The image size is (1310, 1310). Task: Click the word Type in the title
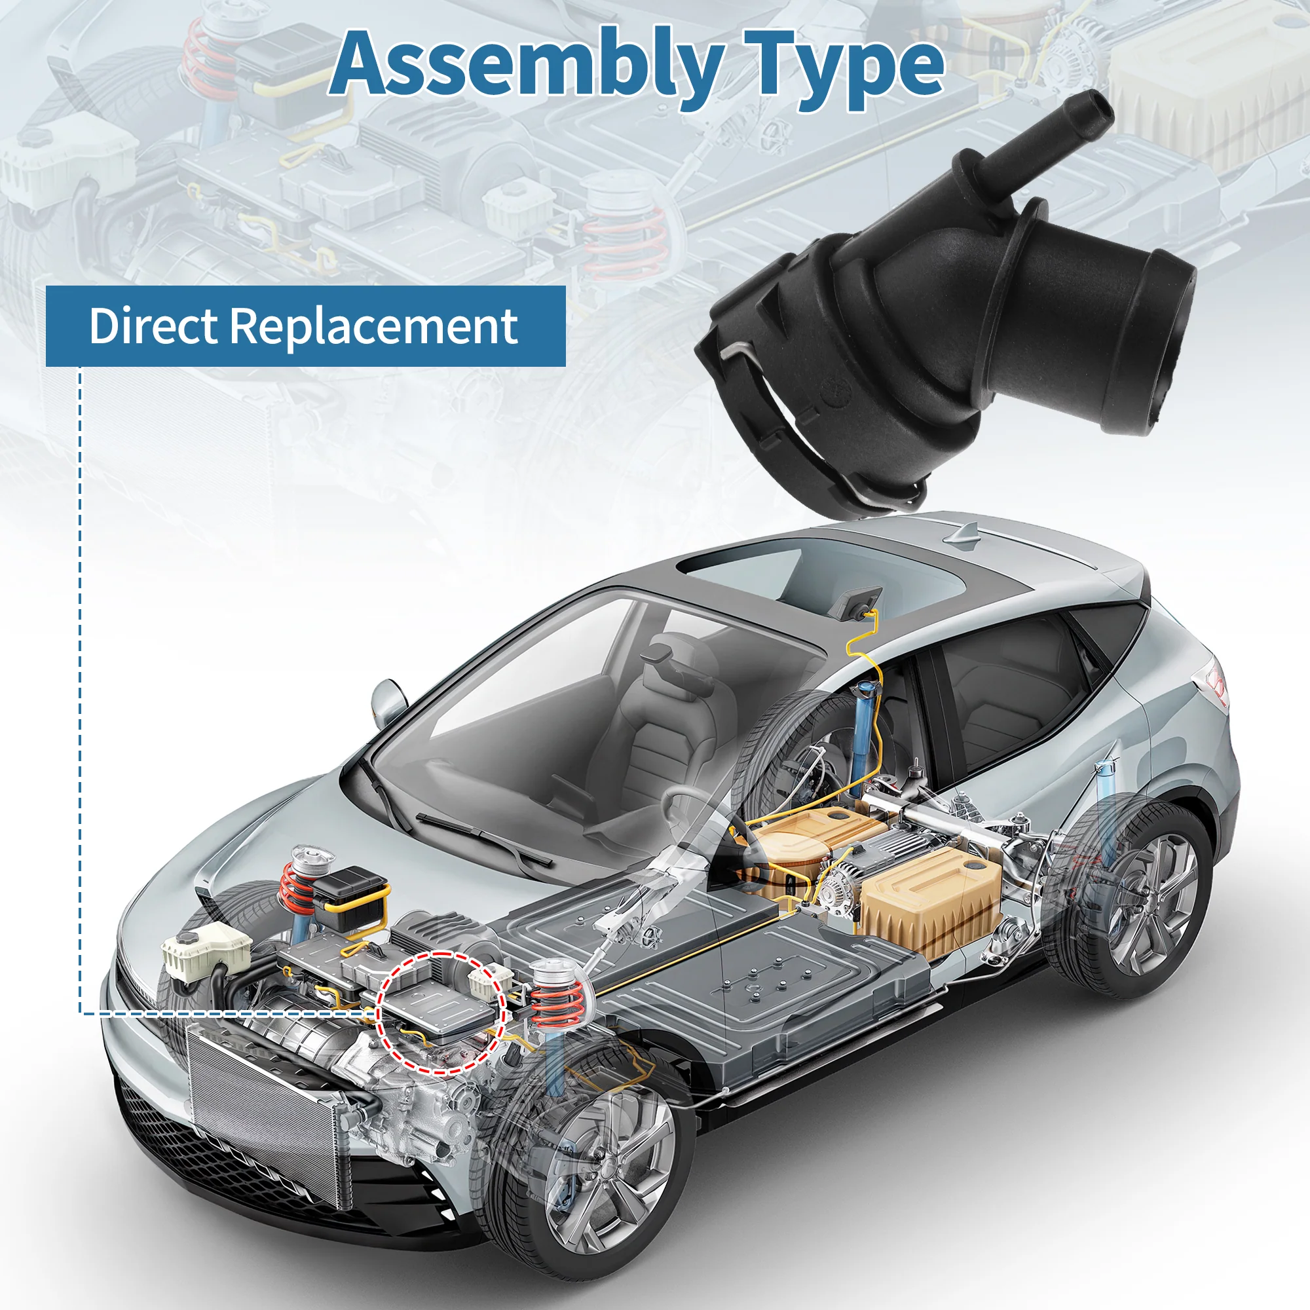coord(845,68)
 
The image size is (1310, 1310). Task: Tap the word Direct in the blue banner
coord(154,326)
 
